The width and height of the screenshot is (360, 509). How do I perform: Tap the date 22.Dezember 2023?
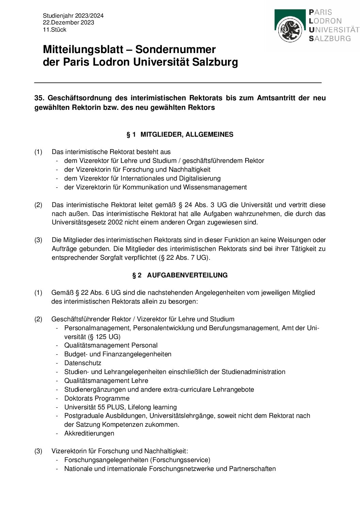tap(68, 22)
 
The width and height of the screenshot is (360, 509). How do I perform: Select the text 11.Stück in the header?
tap(54, 30)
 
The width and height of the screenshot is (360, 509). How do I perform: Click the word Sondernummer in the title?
tap(176, 50)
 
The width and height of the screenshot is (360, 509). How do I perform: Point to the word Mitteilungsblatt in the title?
tap(83, 50)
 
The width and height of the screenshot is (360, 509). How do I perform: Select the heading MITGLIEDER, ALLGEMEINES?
tap(187, 135)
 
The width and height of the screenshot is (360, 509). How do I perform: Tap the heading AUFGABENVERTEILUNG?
tap(187, 275)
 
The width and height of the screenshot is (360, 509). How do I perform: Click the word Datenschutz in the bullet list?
tap(83, 363)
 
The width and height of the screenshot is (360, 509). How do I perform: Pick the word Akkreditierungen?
tap(89, 434)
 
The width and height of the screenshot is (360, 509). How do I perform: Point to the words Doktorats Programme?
tap(97, 398)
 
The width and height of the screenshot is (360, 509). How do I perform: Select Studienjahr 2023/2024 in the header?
tap(73, 16)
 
